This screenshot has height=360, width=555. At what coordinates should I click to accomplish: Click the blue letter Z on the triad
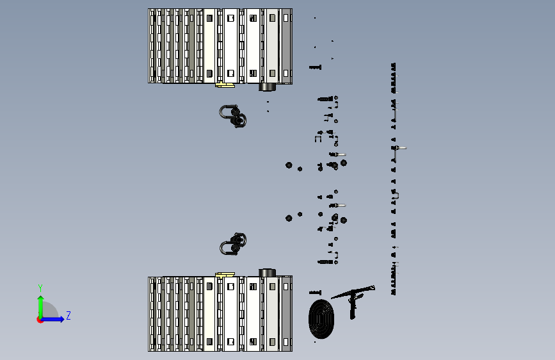pyautogui.click(x=68, y=315)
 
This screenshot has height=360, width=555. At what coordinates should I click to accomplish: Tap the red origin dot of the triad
pyautogui.click(x=40, y=320)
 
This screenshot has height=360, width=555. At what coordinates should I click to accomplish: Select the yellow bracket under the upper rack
pyautogui.click(x=225, y=85)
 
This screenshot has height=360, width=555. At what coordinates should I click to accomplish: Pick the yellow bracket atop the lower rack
pyautogui.click(x=225, y=275)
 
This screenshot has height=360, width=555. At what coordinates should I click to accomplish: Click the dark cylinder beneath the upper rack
pyautogui.click(x=267, y=87)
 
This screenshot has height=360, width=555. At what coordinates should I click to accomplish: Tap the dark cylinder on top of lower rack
pyautogui.click(x=267, y=273)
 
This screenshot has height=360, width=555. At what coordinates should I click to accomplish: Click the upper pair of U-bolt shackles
pyautogui.click(x=232, y=116)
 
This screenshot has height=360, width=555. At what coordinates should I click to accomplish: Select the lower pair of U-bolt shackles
pyautogui.click(x=233, y=244)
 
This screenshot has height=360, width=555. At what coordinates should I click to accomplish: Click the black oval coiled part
pyautogui.click(x=321, y=319)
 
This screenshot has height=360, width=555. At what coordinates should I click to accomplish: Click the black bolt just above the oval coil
pyautogui.click(x=315, y=292)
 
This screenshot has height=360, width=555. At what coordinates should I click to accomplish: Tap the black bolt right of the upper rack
pyautogui.click(x=315, y=67)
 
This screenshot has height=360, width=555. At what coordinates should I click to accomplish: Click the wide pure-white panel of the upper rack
pyautogui.click(x=231, y=46)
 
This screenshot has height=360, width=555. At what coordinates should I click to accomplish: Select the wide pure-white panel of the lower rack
pyautogui.click(x=231, y=314)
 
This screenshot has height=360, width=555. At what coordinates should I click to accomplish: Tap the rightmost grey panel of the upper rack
pyautogui.click(x=286, y=46)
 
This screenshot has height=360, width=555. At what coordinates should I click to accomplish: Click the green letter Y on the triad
pyautogui.click(x=40, y=288)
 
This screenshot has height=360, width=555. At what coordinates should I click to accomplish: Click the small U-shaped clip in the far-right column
pyautogui.click(x=396, y=195)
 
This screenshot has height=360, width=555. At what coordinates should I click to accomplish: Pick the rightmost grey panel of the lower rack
pyautogui.click(x=286, y=314)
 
